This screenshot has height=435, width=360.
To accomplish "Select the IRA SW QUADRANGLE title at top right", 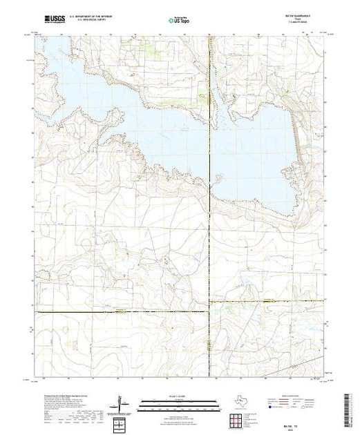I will click(299, 14).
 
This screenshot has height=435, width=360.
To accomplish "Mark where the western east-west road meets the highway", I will click(209, 313).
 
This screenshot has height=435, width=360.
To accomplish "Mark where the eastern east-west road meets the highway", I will click(210, 302).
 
